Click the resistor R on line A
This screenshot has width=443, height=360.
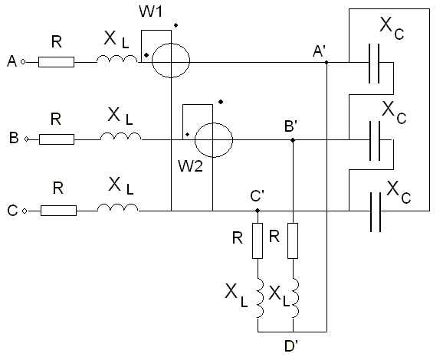coord(56,62)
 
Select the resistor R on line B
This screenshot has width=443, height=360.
coord(57,139)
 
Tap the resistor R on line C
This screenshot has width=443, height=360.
coord(58,211)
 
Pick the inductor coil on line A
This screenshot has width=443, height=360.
coord(117,59)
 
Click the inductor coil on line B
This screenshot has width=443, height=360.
coord(121,136)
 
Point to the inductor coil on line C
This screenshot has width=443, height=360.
coord(118,208)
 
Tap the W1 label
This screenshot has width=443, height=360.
coord(150,11)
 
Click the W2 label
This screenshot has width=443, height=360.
coord(190,166)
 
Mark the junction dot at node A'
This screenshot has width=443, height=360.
coord(327,62)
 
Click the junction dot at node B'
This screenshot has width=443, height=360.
coord(293,140)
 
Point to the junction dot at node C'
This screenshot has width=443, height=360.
coord(258,211)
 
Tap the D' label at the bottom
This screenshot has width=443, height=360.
coord(291,346)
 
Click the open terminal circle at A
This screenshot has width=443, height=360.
coord(23,62)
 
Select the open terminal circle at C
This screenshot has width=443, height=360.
coord(25,211)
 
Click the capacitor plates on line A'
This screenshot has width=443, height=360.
coord(374,64)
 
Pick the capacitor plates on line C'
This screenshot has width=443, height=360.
coord(376,212)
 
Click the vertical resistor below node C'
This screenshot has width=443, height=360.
coord(258,241)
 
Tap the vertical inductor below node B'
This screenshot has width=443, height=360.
coord(294,298)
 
